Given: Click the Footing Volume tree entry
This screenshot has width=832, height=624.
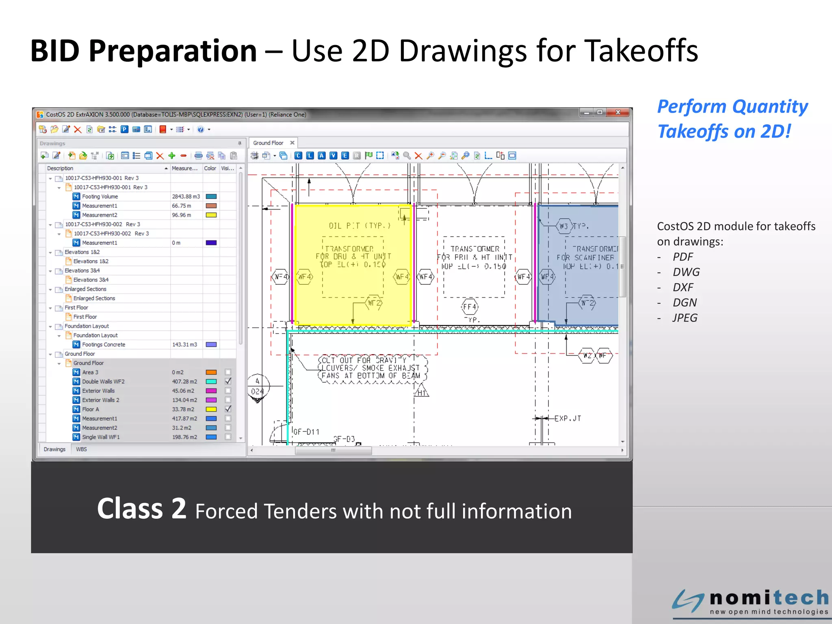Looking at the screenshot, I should click(x=100, y=197).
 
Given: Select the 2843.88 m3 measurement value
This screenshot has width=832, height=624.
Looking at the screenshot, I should click(x=186, y=197).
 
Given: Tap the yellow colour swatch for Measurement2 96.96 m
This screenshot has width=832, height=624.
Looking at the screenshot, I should click(x=211, y=215).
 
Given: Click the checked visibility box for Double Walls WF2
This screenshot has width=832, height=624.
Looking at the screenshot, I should click(x=228, y=381).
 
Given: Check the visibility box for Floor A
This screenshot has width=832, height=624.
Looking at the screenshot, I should click(x=228, y=409).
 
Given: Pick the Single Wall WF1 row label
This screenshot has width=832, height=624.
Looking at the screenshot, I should click(x=101, y=437).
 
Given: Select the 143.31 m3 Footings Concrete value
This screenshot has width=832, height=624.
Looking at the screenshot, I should click(x=184, y=344).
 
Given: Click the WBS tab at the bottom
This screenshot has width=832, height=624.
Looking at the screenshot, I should click(x=81, y=449).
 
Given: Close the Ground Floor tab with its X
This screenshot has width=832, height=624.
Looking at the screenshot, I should click(x=292, y=143).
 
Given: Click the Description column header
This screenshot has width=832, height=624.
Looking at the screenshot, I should click(x=60, y=168).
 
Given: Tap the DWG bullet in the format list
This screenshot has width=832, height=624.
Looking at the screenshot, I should click(x=686, y=272).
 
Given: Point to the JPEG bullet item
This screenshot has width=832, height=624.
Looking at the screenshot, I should click(x=685, y=318).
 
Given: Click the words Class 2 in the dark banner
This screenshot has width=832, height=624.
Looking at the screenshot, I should click(x=141, y=509).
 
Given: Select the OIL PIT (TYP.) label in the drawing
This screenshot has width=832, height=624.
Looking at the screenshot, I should click(x=360, y=226).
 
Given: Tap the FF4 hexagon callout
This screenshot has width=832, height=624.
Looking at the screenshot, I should click(x=470, y=307).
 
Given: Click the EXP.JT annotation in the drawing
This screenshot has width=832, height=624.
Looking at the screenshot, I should click(x=568, y=418).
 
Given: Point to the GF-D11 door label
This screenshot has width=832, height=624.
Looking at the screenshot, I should click(x=306, y=432).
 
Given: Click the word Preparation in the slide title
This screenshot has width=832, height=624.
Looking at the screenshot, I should click(x=173, y=51).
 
